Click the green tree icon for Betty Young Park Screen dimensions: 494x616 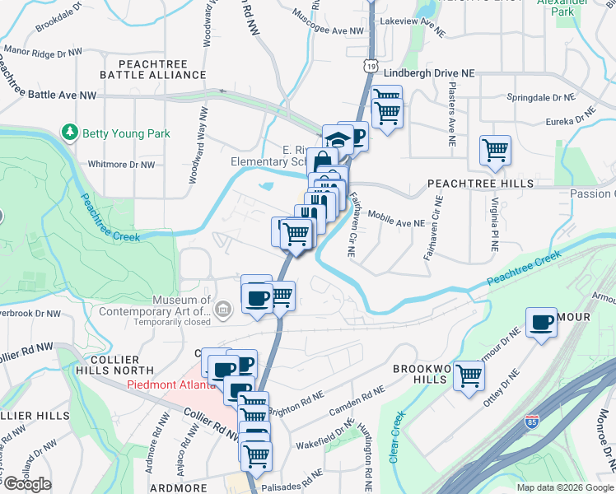point(70,133)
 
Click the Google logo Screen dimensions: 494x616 point(26,484)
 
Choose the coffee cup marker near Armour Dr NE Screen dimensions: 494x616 point(542,323)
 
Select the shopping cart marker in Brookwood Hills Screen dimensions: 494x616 point(469,375)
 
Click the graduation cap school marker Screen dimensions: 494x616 point(336,139)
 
